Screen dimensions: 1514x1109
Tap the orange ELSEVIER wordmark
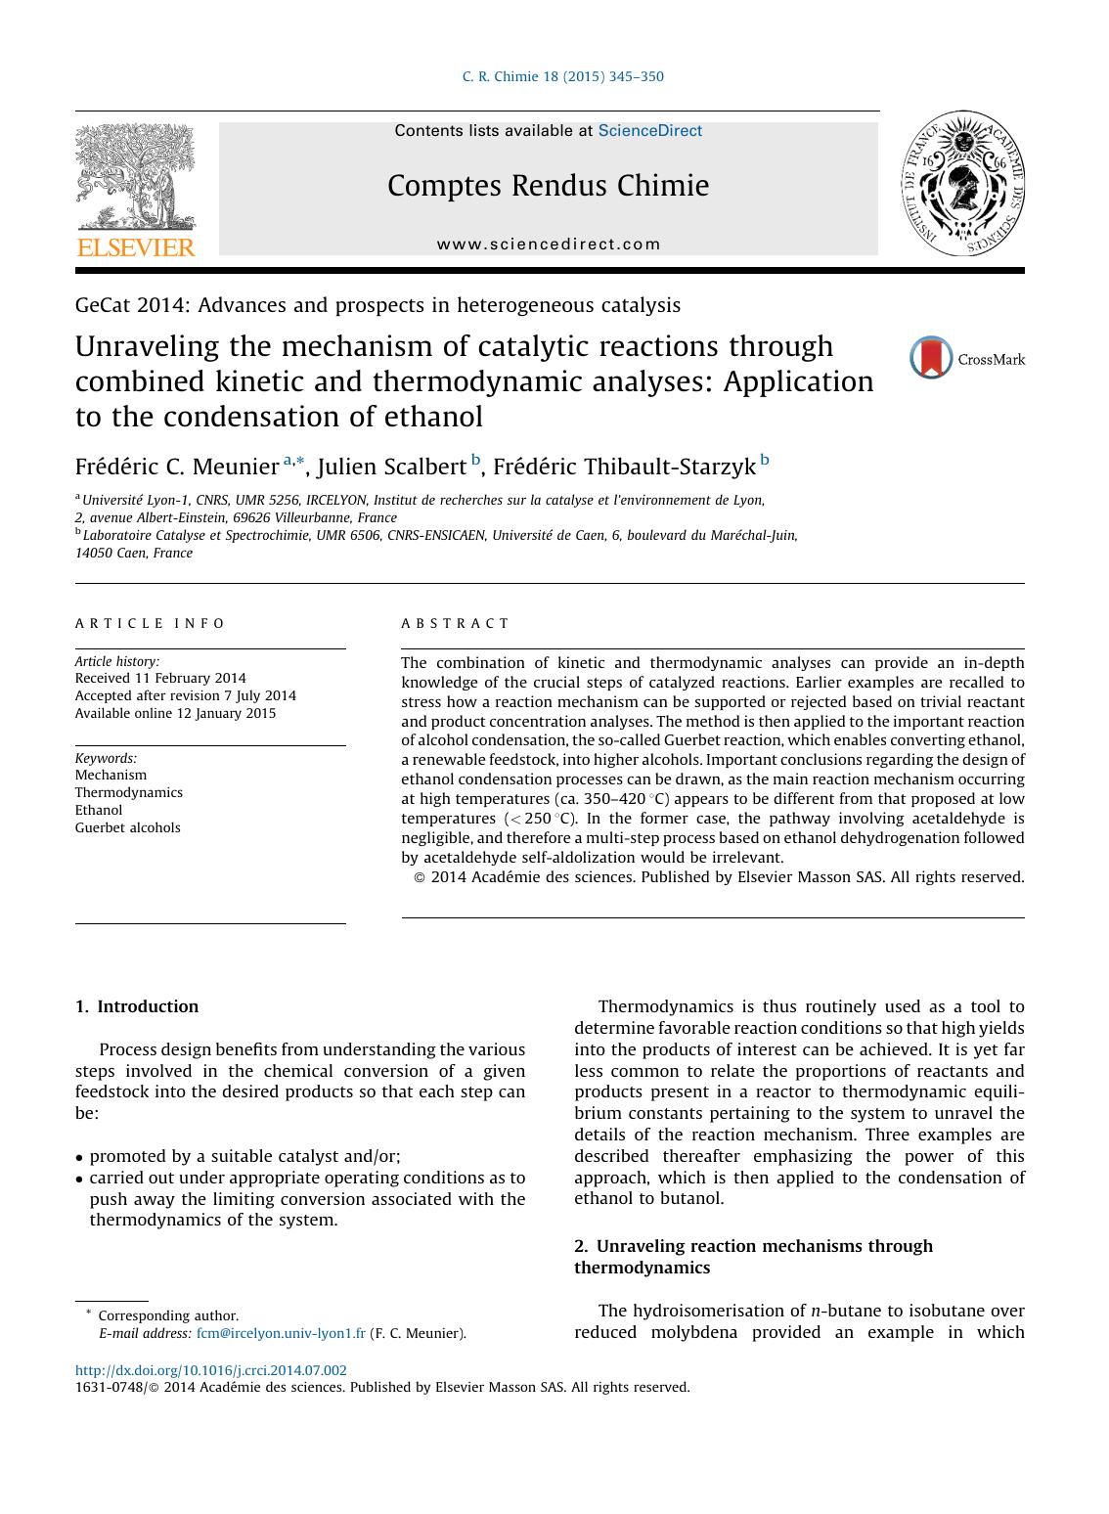click(x=136, y=247)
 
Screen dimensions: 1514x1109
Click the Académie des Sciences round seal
click(x=962, y=184)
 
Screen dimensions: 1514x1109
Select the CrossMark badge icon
click(x=931, y=358)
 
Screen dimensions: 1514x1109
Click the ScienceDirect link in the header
click(x=649, y=130)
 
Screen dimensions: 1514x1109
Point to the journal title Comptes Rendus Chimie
click(x=548, y=185)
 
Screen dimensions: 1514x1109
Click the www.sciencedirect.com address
click(x=549, y=245)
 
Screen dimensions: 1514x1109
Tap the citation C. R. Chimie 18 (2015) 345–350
click(x=562, y=76)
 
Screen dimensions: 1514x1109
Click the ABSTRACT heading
click(x=455, y=623)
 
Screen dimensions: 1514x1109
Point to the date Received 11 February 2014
click(x=160, y=678)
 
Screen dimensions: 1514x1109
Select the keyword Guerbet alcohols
click(x=128, y=827)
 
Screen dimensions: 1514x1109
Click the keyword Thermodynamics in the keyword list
click(x=129, y=792)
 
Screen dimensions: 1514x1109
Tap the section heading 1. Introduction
click(x=137, y=1006)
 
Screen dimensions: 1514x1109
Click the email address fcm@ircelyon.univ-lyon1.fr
click(x=281, y=1333)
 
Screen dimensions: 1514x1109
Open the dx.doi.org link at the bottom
click(x=210, y=1370)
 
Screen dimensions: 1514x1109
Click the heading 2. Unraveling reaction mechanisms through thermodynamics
click(x=753, y=1257)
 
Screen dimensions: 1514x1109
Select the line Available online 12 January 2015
click(x=175, y=713)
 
